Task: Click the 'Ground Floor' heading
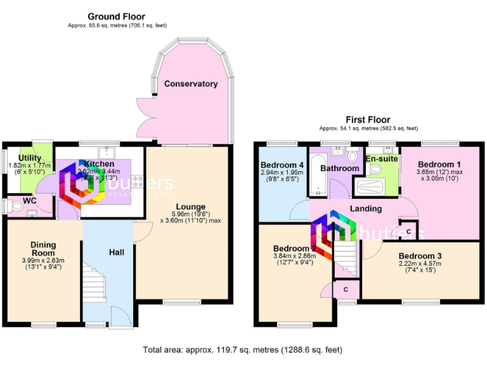click(x=116, y=16)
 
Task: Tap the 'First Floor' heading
click(x=368, y=119)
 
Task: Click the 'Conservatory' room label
click(x=191, y=84)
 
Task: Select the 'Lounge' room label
click(x=191, y=207)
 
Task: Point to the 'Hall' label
click(x=116, y=252)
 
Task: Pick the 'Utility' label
click(x=29, y=157)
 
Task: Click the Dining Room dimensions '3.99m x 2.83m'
click(x=42, y=260)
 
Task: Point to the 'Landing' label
click(x=367, y=208)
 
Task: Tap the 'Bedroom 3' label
click(x=420, y=256)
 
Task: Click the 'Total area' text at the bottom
click(x=243, y=349)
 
